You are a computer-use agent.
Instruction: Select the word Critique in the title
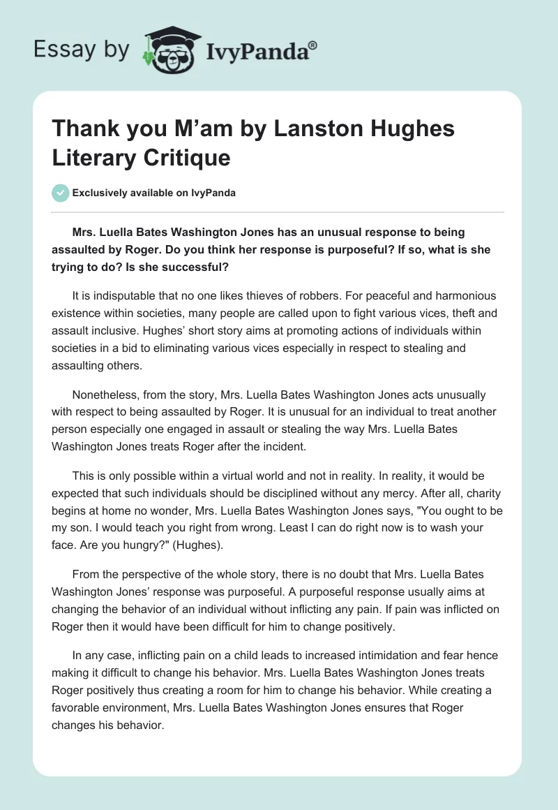188,157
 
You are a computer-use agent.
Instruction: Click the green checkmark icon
60,193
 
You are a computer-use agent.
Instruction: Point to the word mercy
356,494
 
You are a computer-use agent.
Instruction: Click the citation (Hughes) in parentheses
206,545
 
